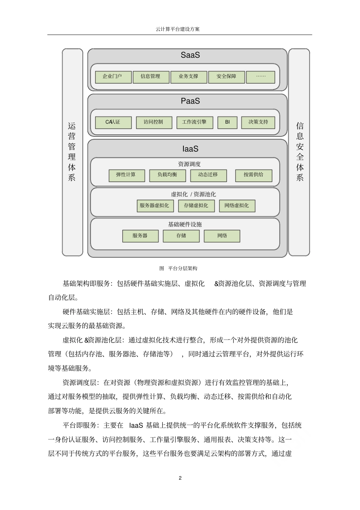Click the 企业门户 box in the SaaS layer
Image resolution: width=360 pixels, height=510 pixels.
pos(113,77)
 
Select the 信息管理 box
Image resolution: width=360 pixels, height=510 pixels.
pos(150,77)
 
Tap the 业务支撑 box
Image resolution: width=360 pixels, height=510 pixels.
pos(189,77)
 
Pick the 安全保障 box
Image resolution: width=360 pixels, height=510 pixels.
pos(226,77)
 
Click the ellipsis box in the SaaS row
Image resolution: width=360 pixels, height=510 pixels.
pos(261,77)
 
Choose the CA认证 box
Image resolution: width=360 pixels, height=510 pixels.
pos(113,122)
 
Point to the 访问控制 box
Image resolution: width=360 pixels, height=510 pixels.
pos(153,122)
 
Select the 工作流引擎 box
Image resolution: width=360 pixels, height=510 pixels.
pos(194,122)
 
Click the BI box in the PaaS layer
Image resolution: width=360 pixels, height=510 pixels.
pos(227,122)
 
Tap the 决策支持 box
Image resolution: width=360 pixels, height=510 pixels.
pos(258,122)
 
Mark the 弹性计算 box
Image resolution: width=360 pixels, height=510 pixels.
pos(126,175)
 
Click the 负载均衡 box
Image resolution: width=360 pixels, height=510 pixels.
pos(167,175)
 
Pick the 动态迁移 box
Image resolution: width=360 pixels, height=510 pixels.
pos(208,175)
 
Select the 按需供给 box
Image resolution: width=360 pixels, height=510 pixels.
pos(254,175)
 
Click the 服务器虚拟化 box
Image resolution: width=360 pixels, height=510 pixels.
pos(154,206)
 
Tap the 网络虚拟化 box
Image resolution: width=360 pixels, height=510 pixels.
pos(237,206)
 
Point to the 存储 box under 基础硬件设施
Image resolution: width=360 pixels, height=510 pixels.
pos(181,236)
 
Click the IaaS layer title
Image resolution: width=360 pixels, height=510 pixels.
pos(190,149)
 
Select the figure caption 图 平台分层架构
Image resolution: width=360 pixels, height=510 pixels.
pos(178,268)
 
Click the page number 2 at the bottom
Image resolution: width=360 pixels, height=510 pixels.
pos(180,478)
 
